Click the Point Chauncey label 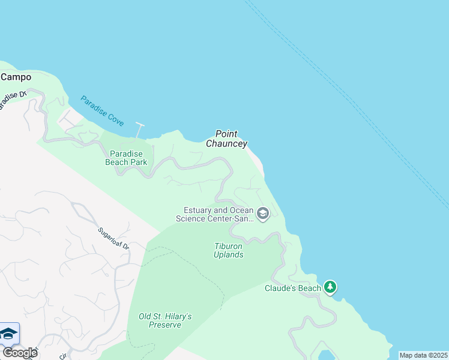[x=226, y=139]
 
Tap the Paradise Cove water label [x=102, y=111]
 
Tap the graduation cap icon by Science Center [x=262, y=213]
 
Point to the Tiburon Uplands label [x=229, y=250]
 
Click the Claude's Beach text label [x=293, y=288]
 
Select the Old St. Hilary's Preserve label [x=164, y=320]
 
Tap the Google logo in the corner [x=19, y=352]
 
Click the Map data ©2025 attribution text [x=423, y=355]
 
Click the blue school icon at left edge [x=8, y=334]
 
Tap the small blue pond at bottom [x=327, y=354]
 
